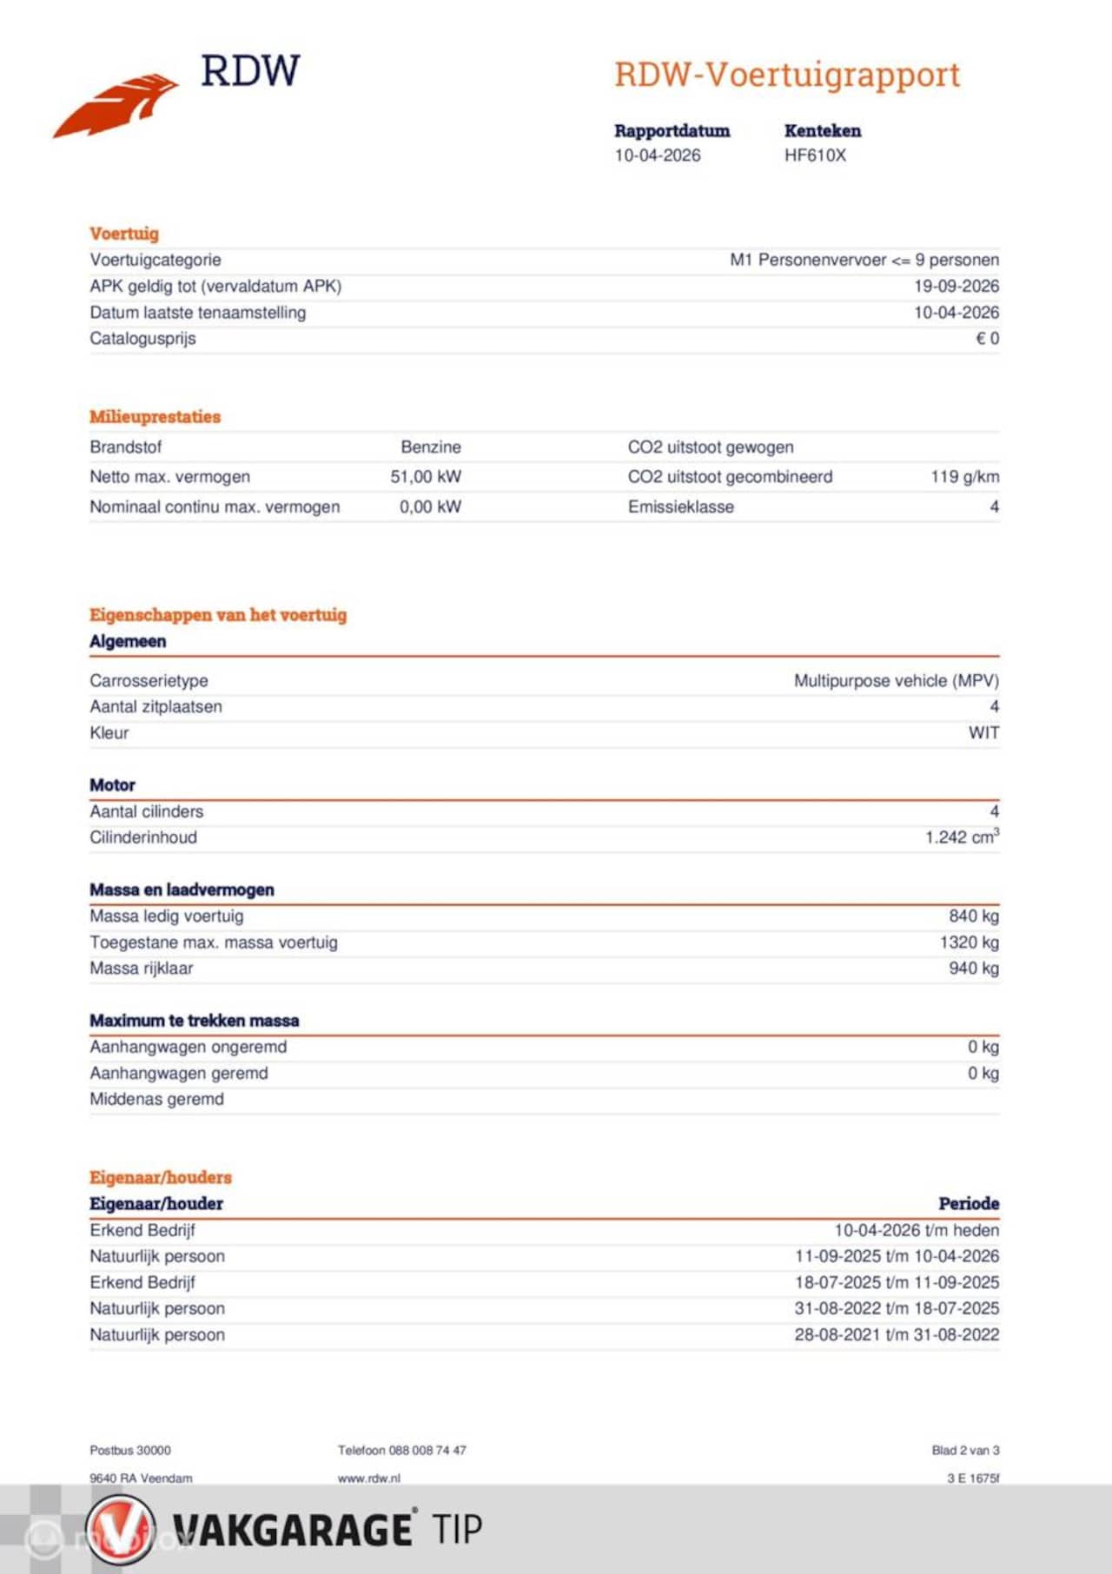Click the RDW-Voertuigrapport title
tap(787, 76)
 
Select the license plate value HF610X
tap(815, 155)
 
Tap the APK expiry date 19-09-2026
tap(956, 286)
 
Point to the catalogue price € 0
tap(987, 339)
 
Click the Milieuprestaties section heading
tap(155, 417)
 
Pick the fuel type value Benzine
tap(431, 447)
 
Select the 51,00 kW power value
tap(426, 477)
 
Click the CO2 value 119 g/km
tap(964, 477)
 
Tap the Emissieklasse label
tap(681, 507)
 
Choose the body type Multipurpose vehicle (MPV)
tap(896, 681)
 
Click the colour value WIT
tap(983, 733)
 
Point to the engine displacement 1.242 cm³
tap(962, 837)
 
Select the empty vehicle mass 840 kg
tap(973, 916)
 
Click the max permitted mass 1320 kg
tap(969, 942)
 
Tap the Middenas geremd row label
tap(156, 1100)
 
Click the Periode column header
tap(969, 1204)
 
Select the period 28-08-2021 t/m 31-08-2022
tap(896, 1335)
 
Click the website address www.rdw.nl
tap(369, 1478)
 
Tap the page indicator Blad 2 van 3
tap(965, 1451)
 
